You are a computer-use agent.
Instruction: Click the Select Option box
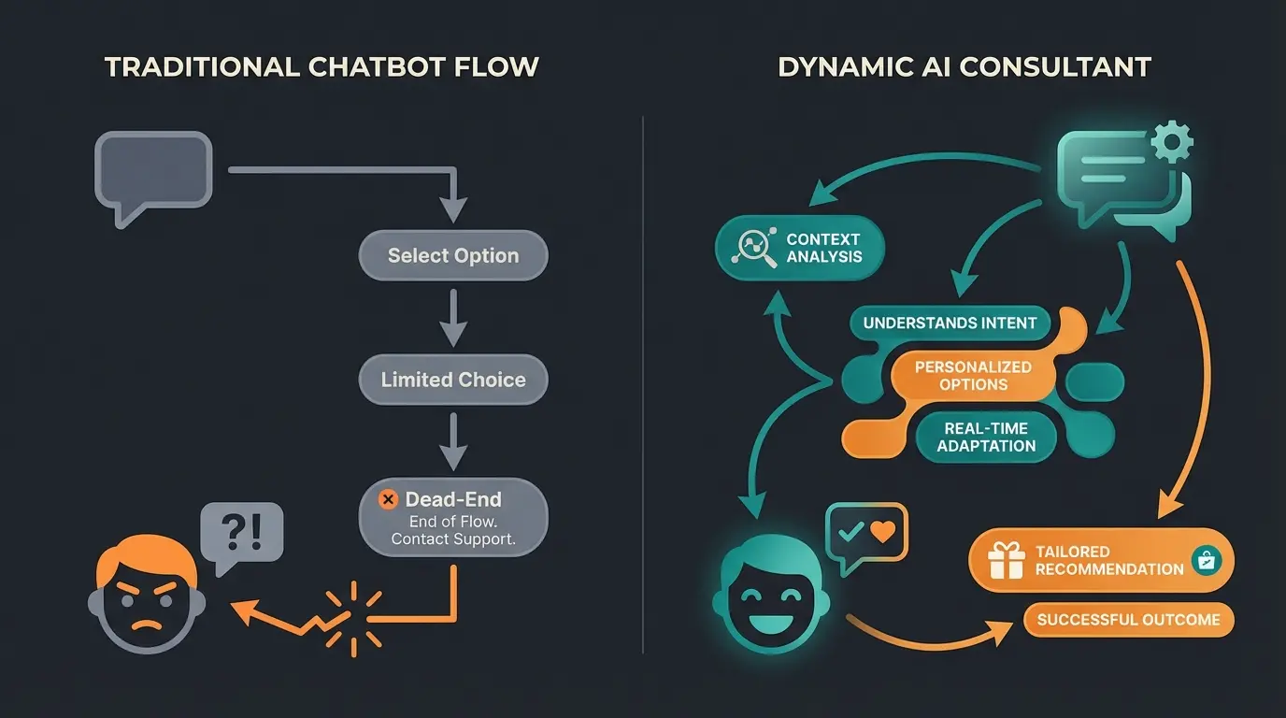453,255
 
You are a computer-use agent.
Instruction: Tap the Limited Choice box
453,380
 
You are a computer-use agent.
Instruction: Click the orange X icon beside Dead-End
388,500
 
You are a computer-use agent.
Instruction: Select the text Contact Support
453,539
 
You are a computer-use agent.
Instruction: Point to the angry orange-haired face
148,598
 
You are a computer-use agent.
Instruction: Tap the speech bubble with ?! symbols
242,535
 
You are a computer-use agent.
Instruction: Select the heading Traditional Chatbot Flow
321,67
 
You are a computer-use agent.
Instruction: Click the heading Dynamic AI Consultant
964,67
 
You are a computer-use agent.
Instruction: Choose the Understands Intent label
950,323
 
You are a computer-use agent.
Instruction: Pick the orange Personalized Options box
973,376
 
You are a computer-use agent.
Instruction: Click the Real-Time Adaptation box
986,438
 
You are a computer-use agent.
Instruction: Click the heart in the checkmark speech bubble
881,532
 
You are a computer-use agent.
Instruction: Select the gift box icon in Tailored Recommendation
1006,560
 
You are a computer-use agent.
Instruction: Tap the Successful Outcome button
1128,620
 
